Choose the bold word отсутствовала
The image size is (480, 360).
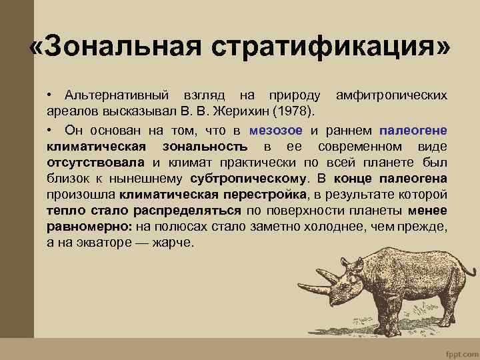click(x=95, y=162)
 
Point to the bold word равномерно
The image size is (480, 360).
click(x=89, y=226)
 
